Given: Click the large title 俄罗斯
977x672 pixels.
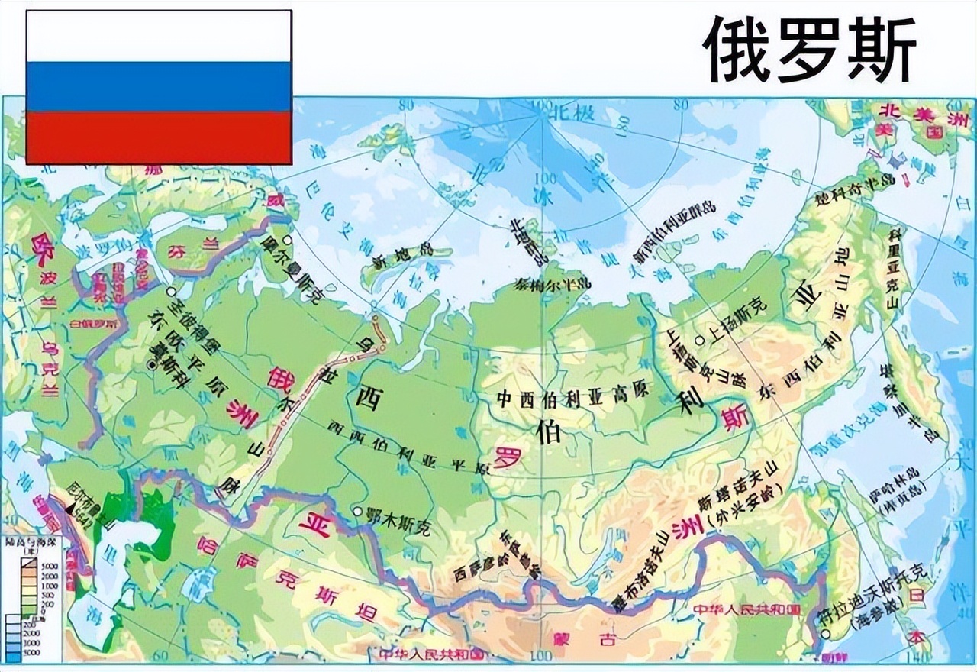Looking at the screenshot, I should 809,50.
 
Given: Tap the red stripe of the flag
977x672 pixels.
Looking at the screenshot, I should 159,137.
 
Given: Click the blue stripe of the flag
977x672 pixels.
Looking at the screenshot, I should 159,86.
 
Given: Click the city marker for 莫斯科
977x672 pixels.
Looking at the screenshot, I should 153,366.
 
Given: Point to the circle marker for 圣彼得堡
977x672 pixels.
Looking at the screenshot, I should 172,291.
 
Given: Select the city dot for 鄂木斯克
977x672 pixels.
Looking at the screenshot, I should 357,511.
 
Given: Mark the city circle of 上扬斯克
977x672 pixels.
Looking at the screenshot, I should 700,340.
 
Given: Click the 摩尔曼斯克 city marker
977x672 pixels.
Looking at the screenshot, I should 288,260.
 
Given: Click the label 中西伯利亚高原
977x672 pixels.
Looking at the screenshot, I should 572,397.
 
